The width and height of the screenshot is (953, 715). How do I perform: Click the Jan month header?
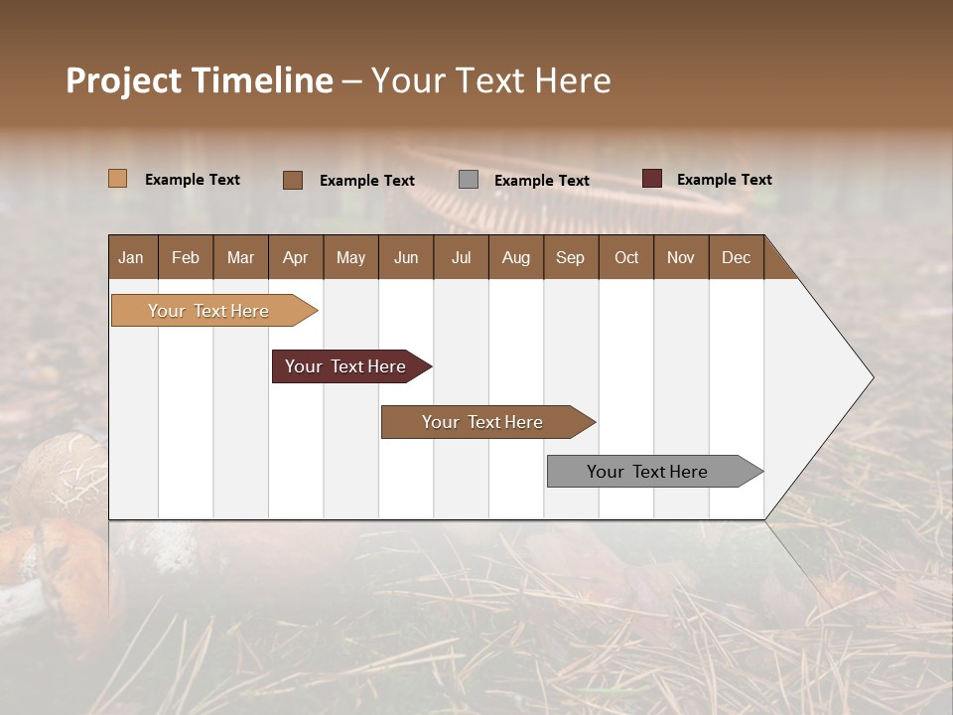coord(131,257)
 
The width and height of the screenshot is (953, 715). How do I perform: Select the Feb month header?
coord(186,257)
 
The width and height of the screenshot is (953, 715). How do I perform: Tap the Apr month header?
coord(295,257)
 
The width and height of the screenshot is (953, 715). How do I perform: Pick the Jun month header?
coord(406,257)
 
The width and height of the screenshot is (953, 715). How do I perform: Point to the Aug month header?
coord(515,257)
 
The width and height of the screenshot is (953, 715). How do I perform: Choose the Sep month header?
coord(570,257)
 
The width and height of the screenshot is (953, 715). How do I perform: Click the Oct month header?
coord(626,257)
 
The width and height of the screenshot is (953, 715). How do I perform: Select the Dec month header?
coord(736,257)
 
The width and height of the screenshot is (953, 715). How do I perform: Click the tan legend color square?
coord(118,179)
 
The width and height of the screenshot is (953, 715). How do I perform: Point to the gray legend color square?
coord(469,180)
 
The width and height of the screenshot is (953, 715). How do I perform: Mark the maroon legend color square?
coord(651,179)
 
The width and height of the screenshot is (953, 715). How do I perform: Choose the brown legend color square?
coord(293,180)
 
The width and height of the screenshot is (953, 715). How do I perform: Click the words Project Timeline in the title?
coord(200,80)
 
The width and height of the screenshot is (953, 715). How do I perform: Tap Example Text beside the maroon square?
coord(724,180)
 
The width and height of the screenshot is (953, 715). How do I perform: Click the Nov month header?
coord(680,257)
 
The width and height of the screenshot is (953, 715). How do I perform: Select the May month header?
coord(350,257)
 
